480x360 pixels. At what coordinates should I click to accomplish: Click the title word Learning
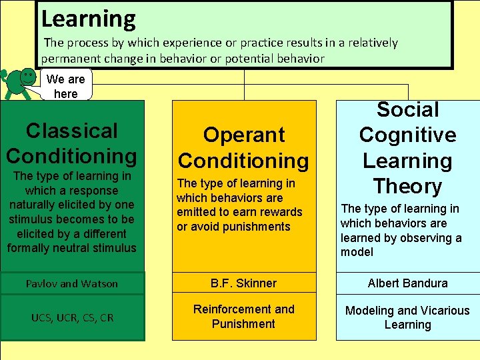point(88,18)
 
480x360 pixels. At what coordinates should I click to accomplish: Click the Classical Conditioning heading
point(71,143)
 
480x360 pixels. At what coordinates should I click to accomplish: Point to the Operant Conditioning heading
point(244,147)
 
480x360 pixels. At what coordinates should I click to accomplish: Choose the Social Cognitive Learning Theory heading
point(407,148)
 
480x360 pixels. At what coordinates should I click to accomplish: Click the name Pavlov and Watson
point(71,284)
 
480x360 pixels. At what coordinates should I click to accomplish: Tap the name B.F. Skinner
point(243,283)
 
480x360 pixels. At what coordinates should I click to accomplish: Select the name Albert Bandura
point(407,283)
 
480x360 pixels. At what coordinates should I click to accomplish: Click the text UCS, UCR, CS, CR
point(71,317)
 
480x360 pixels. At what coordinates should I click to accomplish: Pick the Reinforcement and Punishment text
point(243,317)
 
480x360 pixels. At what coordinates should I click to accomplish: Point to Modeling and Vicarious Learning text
point(407,317)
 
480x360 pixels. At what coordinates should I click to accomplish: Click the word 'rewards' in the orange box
point(281,212)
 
